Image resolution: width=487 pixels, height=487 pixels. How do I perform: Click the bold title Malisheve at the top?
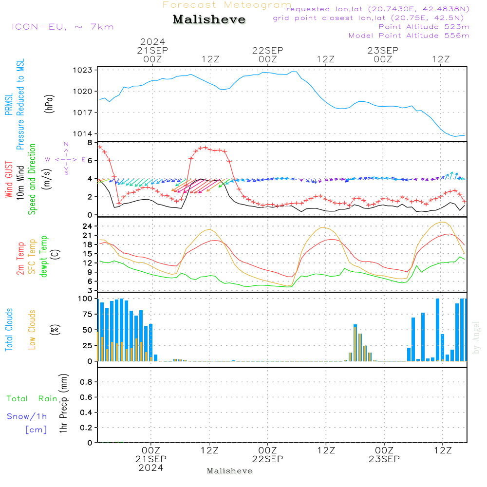[209, 20]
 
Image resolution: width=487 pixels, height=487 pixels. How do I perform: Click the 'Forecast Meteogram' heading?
[227, 5]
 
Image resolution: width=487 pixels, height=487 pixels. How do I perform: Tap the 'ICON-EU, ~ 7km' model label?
[62, 26]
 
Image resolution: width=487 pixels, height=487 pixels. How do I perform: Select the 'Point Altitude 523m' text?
[424, 27]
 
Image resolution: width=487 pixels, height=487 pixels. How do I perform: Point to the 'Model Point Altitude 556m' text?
[409, 36]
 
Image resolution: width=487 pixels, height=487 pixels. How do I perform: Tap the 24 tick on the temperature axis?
[88, 226]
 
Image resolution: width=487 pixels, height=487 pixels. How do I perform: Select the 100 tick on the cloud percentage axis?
[86, 299]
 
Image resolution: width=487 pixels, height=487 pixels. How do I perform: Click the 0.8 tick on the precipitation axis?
[86, 382]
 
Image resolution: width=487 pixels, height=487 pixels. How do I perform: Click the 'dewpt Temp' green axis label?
[44, 257]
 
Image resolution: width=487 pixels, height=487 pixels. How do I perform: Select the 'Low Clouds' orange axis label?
[32, 330]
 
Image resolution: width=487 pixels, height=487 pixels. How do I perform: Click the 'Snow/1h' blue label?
[27, 417]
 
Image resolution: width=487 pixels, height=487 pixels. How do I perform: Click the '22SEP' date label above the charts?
[267, 50]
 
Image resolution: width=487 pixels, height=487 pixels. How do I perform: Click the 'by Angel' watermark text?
[477, 337]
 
